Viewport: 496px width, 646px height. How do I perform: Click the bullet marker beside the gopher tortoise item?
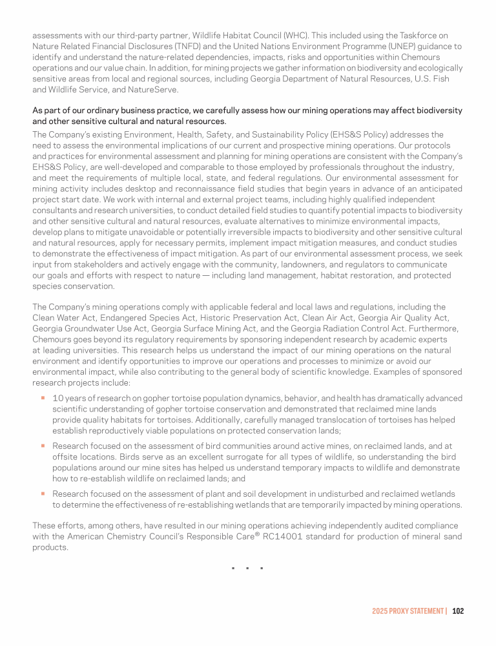[42, 398]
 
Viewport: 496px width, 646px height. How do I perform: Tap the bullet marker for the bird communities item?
[42, 445]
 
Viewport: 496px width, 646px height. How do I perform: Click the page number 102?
[458, 610]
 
